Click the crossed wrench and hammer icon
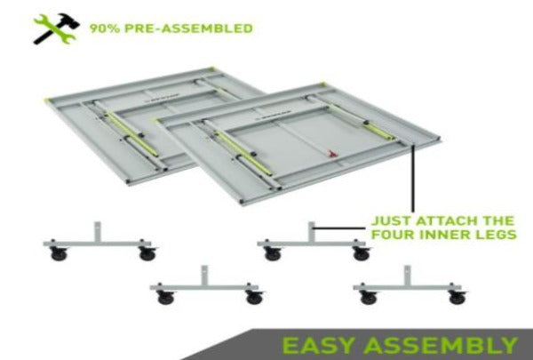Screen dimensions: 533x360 click(x=57, y=29)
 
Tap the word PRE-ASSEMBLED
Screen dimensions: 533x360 click(x=188, y=28)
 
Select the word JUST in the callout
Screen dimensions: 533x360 click(x=391, y=220)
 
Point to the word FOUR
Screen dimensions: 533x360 click(x=393, y=235)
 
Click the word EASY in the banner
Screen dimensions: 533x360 click(x=319, y=346)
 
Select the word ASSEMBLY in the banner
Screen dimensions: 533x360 click(x=441, y=346)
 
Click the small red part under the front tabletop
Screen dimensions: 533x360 click(x=332, y=154)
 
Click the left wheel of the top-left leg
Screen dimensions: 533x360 click(x=59, y=254)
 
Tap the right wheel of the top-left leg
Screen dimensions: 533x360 click(x=147, y=254)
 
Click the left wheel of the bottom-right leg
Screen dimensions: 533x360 click(x=369, y=298)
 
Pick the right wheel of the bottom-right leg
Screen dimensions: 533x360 click(x=457, y=298)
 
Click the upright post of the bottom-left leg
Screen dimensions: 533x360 click(x=204, y=276)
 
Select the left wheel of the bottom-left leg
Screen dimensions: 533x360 click(x=165, y=298)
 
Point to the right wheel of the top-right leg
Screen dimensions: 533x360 click(x=362, y=254)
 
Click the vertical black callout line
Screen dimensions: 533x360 click(x=413, y=179)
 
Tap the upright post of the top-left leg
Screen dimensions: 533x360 click(x=98, y=232)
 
